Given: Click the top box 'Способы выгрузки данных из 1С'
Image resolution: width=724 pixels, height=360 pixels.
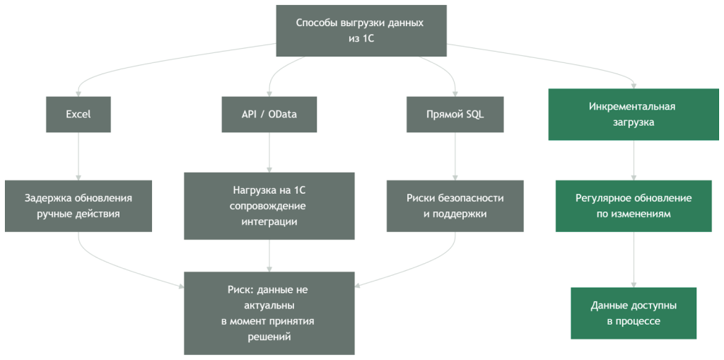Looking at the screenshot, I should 361,31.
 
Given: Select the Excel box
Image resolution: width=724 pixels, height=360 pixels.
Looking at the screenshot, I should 78,115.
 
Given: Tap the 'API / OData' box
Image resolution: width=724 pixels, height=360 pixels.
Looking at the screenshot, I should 269,115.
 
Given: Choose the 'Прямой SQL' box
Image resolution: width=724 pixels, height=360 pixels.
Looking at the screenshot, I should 455,115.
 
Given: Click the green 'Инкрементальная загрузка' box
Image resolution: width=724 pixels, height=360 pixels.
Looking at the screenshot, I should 633,115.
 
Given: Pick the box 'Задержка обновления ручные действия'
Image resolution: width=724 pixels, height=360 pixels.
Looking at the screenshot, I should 78,206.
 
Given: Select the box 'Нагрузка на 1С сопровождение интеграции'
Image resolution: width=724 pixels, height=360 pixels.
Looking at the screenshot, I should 269,206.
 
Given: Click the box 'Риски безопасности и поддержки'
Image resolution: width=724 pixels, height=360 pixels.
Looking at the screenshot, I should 455,206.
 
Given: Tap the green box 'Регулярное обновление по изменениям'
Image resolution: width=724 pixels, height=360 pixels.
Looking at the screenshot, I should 633,206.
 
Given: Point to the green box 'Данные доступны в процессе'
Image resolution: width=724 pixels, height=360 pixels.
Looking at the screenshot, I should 633,313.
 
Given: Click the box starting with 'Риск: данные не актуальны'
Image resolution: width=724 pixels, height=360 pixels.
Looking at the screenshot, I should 269,313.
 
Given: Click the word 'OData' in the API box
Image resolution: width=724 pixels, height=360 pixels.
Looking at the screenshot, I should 283,115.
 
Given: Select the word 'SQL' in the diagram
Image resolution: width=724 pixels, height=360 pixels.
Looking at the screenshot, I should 475,115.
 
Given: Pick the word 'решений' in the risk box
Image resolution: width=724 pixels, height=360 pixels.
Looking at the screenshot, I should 269,337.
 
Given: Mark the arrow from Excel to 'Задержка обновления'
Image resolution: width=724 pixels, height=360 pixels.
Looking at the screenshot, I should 78,156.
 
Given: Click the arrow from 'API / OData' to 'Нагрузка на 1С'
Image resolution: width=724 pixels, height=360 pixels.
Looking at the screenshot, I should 269,152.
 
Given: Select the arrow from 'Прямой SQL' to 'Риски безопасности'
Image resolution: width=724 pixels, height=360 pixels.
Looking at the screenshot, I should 455,156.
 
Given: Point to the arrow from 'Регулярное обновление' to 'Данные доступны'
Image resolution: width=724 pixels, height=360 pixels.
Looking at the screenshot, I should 633,259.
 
